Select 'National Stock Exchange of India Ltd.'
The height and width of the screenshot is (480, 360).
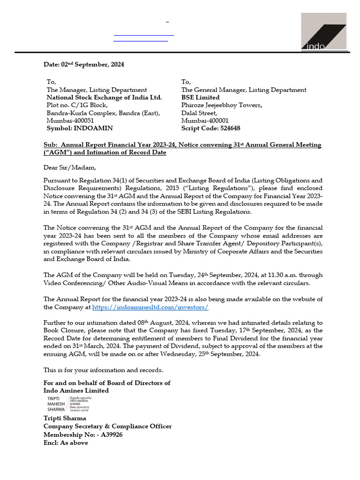[x=104, y=97]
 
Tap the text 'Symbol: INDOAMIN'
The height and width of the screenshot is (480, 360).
[x=79, y=128]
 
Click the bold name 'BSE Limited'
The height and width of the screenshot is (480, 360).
[x=200, y=97]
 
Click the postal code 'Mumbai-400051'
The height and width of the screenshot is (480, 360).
[x=70, y=120]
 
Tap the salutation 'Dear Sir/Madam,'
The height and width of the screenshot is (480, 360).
[x=69, y=167]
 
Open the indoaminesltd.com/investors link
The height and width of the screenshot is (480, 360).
[x=150, y=307]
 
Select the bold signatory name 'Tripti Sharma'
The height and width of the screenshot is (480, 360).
[x=65, y=418]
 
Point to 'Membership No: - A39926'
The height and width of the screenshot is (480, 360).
[x=83, y=435]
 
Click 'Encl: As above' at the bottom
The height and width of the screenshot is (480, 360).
[x=66, y=442]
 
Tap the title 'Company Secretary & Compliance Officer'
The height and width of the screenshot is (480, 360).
[x=107, y=426]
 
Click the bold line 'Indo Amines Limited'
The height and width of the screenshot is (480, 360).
[x=76, y=390]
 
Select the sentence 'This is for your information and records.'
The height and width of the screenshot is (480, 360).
[x=103, y=370]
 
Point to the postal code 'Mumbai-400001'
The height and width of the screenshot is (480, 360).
[x=205, y=120]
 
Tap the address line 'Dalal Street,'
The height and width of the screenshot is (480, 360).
[x=199, y=113]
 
